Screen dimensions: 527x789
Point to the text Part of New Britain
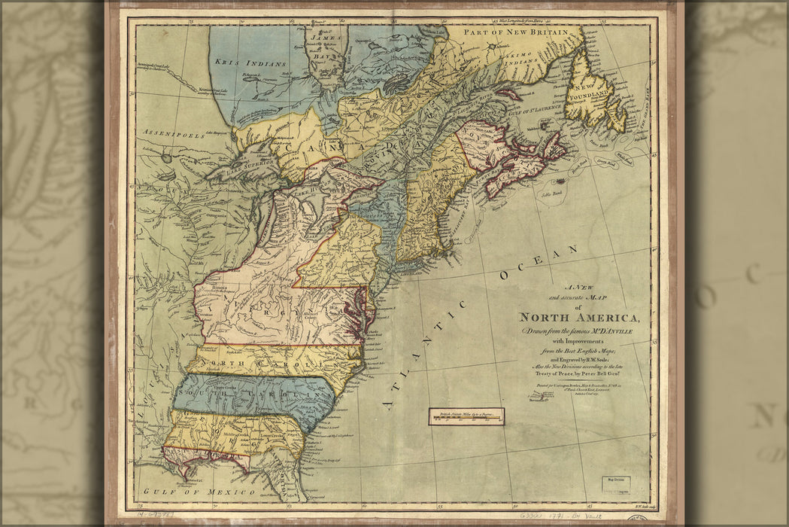518,33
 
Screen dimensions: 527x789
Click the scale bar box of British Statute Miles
466,416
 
